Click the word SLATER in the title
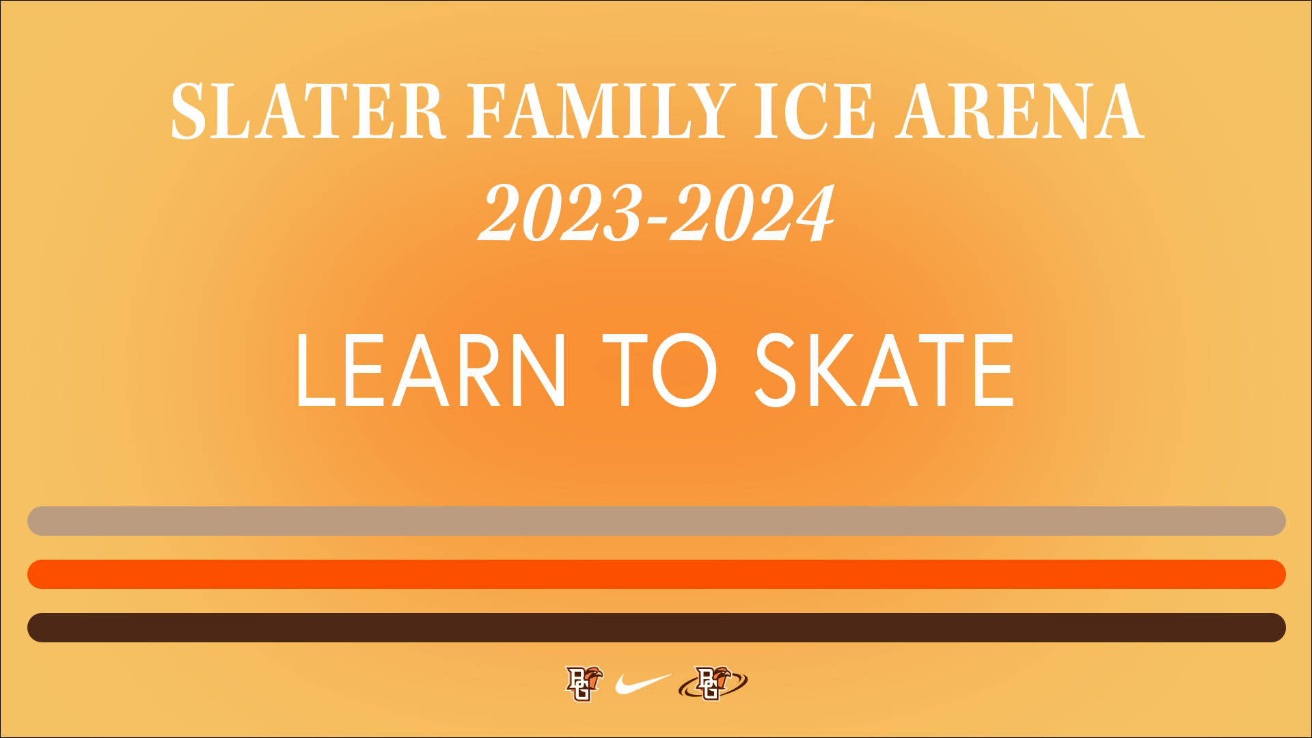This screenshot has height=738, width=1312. [308, 111]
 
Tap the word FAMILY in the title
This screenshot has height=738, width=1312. [601, 111]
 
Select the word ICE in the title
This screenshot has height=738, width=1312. [815, 111]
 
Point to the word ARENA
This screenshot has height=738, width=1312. [1020, 111]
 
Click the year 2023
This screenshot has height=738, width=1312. [561, 213]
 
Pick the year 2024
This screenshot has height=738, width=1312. [752, 213]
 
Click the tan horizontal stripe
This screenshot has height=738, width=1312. [657, 521]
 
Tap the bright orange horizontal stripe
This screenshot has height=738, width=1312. [657, 574]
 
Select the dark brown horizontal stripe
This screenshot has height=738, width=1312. [657, 627]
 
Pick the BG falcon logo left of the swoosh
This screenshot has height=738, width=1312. [584, 683]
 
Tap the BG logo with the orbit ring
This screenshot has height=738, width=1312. [713, 683]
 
